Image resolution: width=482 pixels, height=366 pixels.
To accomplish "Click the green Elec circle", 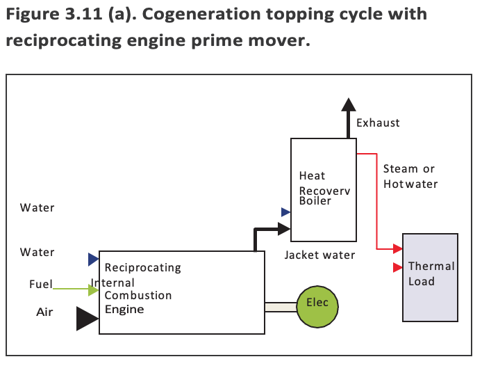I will [322, 303].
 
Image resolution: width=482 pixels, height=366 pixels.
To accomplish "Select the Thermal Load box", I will [431, 277].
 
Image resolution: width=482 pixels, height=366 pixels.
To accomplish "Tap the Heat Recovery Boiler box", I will [323, 189].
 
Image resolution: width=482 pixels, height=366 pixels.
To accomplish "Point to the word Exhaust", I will [378, 123].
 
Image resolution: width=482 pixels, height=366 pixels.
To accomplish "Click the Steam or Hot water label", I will [410, 177].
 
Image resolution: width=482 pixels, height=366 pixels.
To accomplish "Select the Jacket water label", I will [319, 255].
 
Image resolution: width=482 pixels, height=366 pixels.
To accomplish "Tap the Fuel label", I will [41, 284].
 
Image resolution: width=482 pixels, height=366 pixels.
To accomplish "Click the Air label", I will [44, 312].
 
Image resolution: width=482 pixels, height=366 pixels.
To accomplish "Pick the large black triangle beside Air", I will [87, 318].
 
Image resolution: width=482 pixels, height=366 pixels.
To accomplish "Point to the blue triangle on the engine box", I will [93, 260].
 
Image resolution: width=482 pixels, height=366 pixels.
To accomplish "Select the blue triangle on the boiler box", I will [285, 212].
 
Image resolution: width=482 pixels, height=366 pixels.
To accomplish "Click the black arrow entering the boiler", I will [281, 228].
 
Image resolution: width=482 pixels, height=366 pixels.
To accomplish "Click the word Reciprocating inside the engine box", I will [142, 268].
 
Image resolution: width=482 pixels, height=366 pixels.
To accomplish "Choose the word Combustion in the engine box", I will [138, 295].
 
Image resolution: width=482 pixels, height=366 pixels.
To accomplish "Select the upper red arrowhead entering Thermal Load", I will [398, 248].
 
